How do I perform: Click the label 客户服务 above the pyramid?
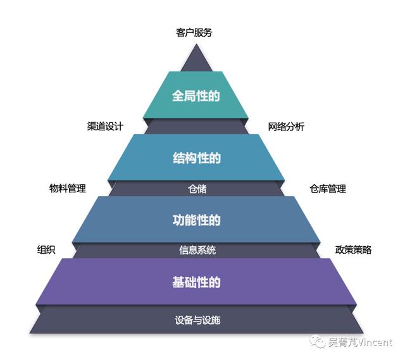pos(194,32)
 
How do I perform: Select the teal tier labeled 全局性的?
pos(196,95)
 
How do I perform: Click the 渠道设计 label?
pos(105,127)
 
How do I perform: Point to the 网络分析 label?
pos(286,127)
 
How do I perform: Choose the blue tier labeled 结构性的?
pos(196,158)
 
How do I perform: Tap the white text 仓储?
pos(197,189)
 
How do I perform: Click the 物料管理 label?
pos(68,189)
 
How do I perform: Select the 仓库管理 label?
pos(328,189)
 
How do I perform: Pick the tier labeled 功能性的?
pos(196,220)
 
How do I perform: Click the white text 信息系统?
pos(197,250)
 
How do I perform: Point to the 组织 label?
pos(46,250)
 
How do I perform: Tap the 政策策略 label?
pos(353,250)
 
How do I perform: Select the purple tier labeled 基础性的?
pos(196,282)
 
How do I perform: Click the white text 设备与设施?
pos(197,320)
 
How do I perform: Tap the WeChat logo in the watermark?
pos(318,342)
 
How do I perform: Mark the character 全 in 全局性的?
pos(178,96)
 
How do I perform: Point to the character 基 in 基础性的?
pos(178,282)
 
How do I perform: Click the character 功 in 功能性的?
pos(178,220)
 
